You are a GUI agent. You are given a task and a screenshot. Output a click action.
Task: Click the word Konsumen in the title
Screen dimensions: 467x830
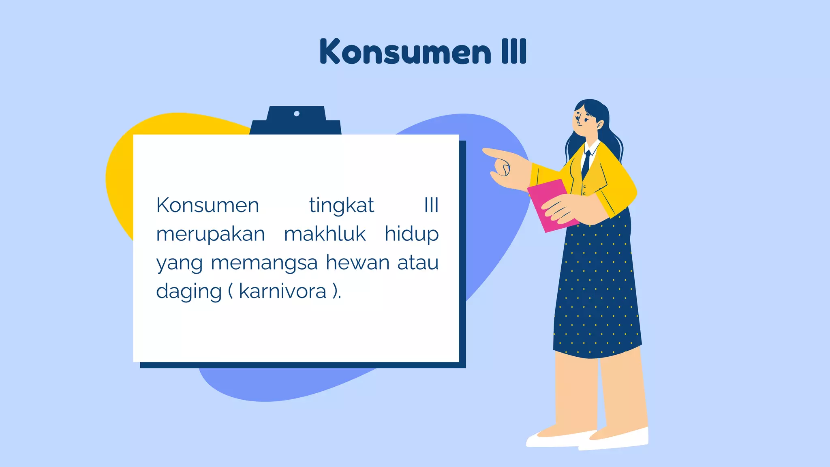click(x=405, y=51)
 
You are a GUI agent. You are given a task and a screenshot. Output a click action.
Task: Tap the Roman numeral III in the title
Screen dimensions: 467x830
click(x=514, y=51)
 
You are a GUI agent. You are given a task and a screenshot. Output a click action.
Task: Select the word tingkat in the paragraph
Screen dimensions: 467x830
click(x=341, y=206)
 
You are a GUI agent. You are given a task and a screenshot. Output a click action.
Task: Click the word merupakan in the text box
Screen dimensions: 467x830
click(x=210, y=235)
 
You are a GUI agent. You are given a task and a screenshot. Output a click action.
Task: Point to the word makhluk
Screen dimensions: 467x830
click(x=325, y=234)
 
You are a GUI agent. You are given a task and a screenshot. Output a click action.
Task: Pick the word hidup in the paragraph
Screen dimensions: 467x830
click(x=411, y=235)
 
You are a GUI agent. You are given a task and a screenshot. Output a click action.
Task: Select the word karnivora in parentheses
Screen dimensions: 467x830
click(x=282, y=291)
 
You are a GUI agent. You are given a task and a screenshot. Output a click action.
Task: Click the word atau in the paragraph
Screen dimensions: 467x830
click(x=418, y=263)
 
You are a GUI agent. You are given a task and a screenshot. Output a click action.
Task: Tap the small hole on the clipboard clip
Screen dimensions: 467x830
click(x=297, y=114)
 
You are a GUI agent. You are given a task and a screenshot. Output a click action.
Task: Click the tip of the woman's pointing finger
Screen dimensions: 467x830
click(x=485, y=151)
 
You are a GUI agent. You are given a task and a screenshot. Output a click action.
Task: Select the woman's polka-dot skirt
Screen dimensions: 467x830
click(x=596, y=292)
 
